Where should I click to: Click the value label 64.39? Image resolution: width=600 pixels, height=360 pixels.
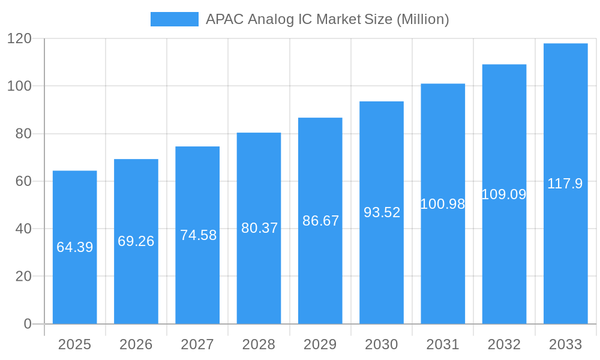74,247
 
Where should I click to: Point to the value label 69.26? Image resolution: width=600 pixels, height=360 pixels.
136,241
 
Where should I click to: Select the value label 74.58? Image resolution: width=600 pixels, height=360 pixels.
198,235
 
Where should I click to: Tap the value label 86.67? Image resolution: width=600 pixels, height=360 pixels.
320,221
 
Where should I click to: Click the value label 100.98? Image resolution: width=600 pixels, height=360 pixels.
443,204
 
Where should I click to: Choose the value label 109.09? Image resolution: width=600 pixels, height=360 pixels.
504,194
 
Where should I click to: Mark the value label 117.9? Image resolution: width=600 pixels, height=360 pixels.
565,184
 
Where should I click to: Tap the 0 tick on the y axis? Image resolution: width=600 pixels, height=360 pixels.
27,324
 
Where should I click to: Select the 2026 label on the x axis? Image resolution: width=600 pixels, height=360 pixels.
136,344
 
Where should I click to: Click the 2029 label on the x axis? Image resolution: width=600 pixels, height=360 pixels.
320,344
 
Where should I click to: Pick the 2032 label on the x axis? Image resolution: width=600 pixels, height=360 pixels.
504,344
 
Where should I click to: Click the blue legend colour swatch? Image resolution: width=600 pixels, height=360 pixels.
174,19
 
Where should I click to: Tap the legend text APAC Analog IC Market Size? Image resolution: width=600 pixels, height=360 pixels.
327,19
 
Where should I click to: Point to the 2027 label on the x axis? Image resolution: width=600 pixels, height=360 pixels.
197,344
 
